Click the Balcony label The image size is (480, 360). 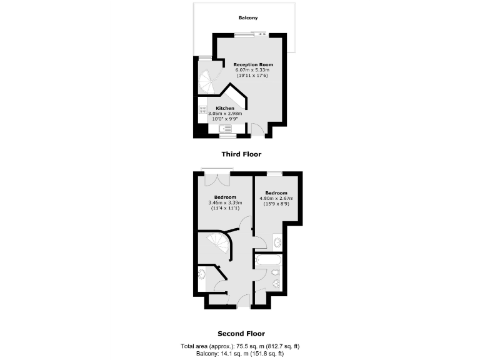pyautogui.click(x=248, y=18)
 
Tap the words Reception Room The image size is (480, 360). pyautogui.click(x=253, y=64)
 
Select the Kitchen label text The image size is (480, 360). pyautogui.click(x=225, y=108)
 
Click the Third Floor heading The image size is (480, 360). pyautogui.click(x=241, y=154)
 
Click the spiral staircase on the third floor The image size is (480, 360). pyautogui.click(x=206, y=79)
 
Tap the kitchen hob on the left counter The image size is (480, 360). pyautogui.click(x=203, y=112)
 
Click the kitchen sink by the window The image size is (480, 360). pyautogui.click(x=225, y=129)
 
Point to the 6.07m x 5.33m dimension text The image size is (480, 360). pyautogui.click(x=253, y=70)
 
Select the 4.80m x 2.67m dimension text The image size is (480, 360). pyautogui.click(x=276, y=198)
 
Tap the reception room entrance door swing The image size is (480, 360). pyautogui.click(x=256, y=129)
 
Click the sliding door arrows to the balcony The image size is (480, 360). pyautogui.click(x=261, y=35)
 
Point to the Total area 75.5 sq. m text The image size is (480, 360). pyautogui.click(x=241, y=346)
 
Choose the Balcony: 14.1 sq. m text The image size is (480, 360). pyautogui.click(x=241, y=353)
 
